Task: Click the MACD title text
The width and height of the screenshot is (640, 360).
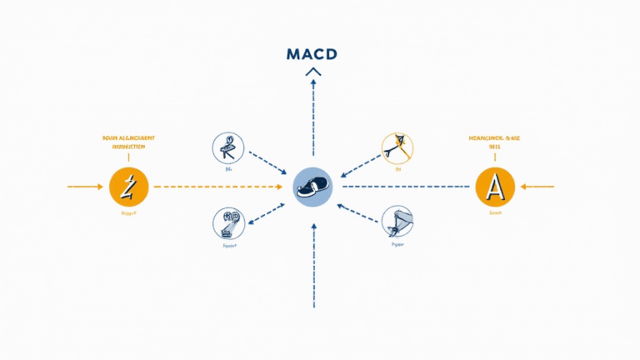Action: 312,54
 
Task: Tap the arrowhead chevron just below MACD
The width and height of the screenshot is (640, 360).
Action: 313,73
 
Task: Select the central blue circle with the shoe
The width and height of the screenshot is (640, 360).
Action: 313,186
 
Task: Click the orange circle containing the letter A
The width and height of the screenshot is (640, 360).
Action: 495,186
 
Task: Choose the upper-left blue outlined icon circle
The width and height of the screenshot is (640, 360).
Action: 227,149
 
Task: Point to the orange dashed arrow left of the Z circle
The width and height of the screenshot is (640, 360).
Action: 86,186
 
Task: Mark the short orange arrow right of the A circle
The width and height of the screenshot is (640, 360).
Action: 538,186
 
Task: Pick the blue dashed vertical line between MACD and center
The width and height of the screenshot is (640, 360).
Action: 313,117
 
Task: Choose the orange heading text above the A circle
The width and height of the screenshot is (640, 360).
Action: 495,142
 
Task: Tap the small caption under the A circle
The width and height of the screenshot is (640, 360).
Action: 495,213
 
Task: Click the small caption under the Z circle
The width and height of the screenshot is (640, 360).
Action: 128,214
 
